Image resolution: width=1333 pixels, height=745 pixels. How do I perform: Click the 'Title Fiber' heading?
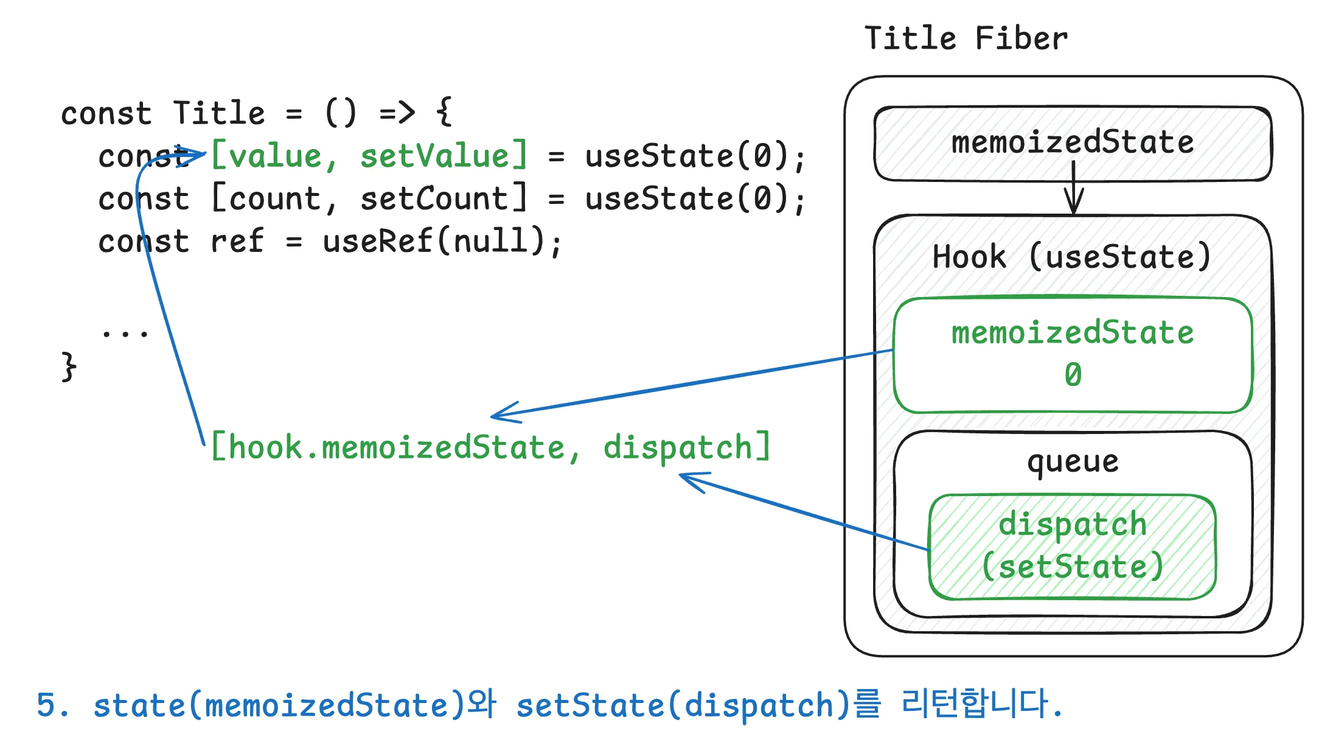(966, 38)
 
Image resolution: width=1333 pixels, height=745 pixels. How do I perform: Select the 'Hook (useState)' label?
(1071, 256)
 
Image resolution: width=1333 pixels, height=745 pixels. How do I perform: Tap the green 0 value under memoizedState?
(1073, 374)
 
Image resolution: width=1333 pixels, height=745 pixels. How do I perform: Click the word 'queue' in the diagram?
(1073, 461)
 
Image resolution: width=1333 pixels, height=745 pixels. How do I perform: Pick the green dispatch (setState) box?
(1073, 546)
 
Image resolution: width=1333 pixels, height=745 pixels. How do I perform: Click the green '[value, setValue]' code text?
(369, 156)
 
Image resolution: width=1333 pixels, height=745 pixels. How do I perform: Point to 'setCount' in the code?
(434, 198)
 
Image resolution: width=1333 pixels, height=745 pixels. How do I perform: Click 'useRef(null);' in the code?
(442, 241)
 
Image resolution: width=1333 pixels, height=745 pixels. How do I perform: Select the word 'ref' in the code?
(237, 241)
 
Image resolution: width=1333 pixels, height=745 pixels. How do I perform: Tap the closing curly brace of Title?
(69, 366)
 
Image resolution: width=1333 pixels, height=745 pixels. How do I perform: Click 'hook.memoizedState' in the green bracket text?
(397, 448)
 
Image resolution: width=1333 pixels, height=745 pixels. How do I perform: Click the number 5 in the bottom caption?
(46, 705)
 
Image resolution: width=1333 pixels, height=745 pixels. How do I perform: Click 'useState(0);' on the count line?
(695, 198)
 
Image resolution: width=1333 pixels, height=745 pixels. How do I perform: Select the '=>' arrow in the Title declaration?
(397, 113)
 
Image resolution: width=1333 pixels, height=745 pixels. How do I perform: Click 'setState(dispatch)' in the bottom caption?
(683, 705)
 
